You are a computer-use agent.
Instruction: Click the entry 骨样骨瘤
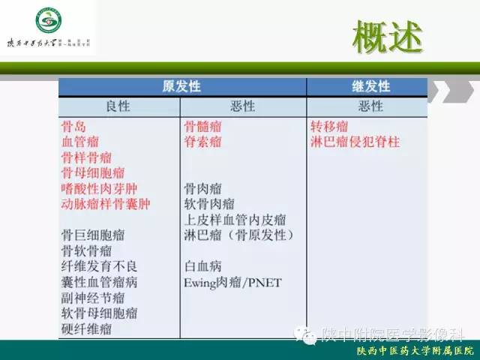tap(86, 157)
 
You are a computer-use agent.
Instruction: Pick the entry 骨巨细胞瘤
tap(93, 235)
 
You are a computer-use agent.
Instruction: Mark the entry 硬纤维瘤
tap(86, 329)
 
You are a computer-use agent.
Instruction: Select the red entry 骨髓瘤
tap(202, 125)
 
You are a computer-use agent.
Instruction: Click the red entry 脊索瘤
tap(202, 141)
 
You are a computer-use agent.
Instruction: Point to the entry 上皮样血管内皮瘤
tap(235, 220)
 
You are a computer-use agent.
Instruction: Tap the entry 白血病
tap(202, 266)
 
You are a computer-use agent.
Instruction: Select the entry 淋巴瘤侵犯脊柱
tap(355, 141)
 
